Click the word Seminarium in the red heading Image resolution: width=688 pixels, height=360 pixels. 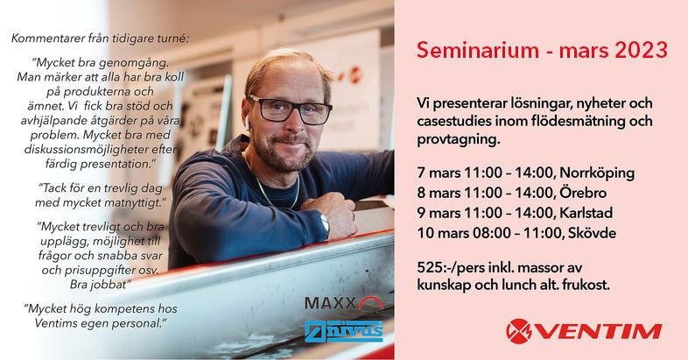pos(478,50)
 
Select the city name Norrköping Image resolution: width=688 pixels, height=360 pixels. pos(597,173)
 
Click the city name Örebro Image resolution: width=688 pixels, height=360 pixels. pos(583,193)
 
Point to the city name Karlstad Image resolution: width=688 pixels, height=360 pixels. pos(586,213)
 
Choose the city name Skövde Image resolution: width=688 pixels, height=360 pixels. pos(592,233)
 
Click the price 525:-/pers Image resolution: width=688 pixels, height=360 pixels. pos(447,268)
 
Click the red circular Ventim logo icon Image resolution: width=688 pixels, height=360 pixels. pos(519,331)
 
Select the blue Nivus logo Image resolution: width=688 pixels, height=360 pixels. pos(344,331)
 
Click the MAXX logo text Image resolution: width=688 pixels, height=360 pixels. pos(330,302)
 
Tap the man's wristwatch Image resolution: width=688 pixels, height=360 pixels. pos(325,223)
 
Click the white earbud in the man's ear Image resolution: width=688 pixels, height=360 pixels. pos(248,124)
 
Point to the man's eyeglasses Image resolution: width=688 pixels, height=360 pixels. pos(290,109)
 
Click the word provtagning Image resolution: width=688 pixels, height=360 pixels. pos(459,140)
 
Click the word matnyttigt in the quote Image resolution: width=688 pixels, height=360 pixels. pos(135,203)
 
